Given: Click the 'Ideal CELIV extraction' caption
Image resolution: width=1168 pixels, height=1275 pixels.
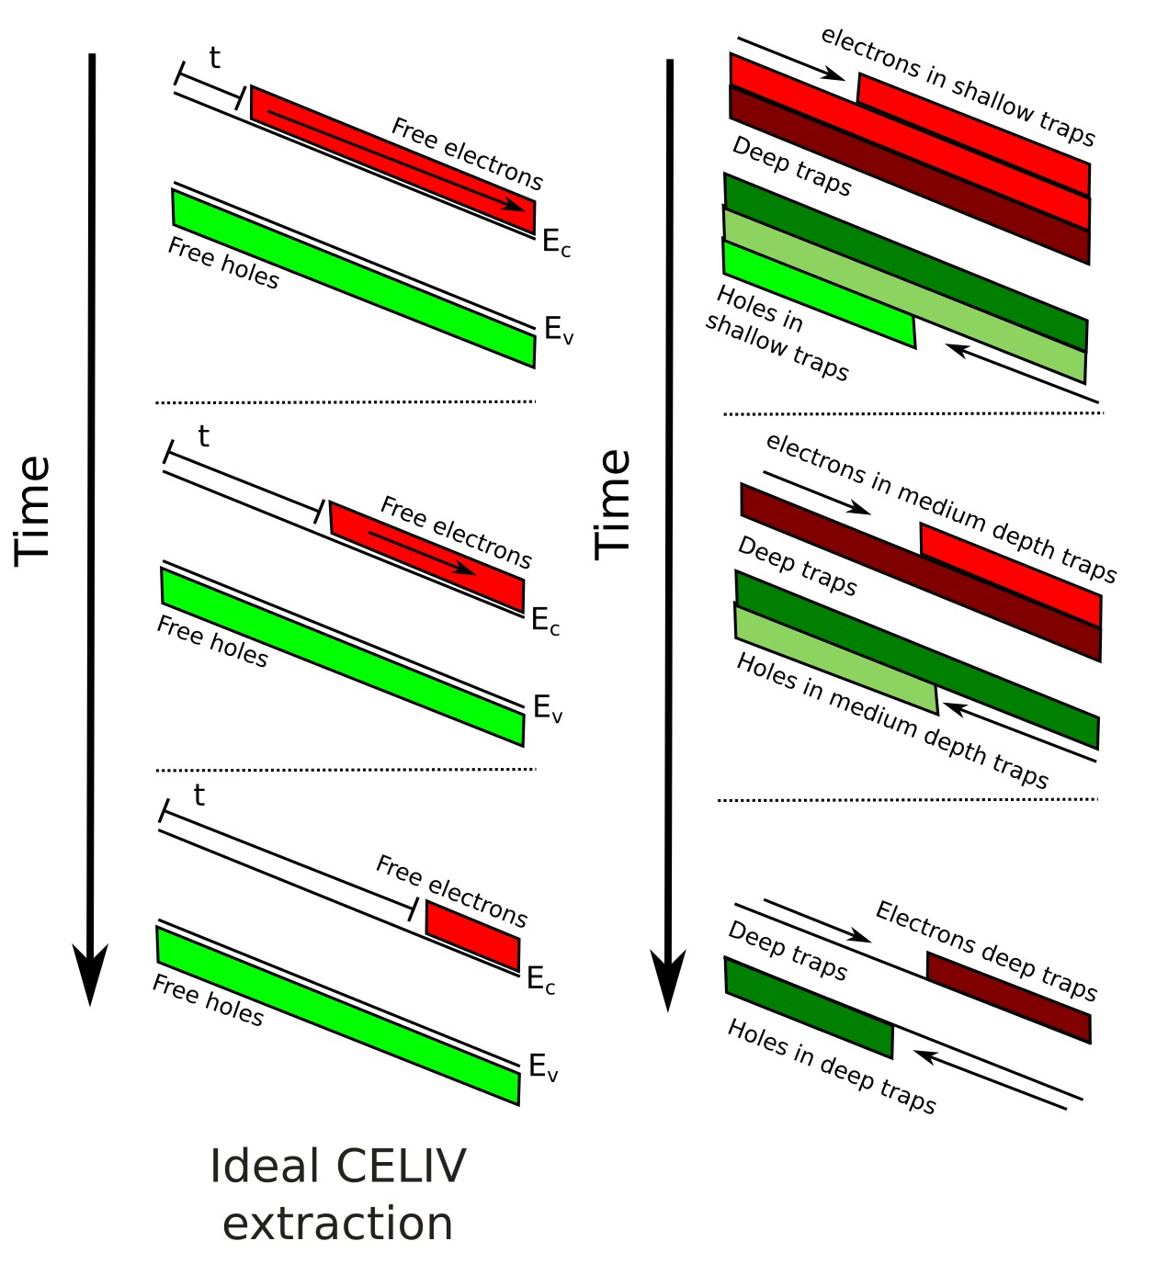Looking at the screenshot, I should pos(337,1194).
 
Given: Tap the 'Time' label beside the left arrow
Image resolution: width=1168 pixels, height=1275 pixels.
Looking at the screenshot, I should pos(33,510).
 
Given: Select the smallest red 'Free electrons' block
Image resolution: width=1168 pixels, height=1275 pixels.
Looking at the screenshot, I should pos(473,935).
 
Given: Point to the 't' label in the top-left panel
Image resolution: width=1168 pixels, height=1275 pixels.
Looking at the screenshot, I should pos(214,58).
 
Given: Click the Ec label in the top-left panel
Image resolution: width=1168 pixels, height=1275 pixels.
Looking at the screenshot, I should pos(555,243).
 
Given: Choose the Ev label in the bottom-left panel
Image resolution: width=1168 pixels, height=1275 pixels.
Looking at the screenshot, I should pos(543,1067).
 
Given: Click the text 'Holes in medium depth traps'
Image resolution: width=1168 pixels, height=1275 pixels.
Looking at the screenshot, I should pos(891,721).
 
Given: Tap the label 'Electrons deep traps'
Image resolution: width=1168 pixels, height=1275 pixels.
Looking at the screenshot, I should pos(986,951).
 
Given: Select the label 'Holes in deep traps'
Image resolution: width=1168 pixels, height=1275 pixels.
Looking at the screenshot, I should pos(831,1066).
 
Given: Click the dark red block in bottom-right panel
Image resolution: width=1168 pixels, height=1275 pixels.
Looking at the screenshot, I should pos(1008,998).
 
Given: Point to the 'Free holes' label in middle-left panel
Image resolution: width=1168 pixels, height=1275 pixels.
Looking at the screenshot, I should pos(212,641).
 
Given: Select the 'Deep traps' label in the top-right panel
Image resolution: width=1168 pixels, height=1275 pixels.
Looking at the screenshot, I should pos(791,166).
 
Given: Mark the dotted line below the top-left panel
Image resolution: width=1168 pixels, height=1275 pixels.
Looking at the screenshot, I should pos(346,401).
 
